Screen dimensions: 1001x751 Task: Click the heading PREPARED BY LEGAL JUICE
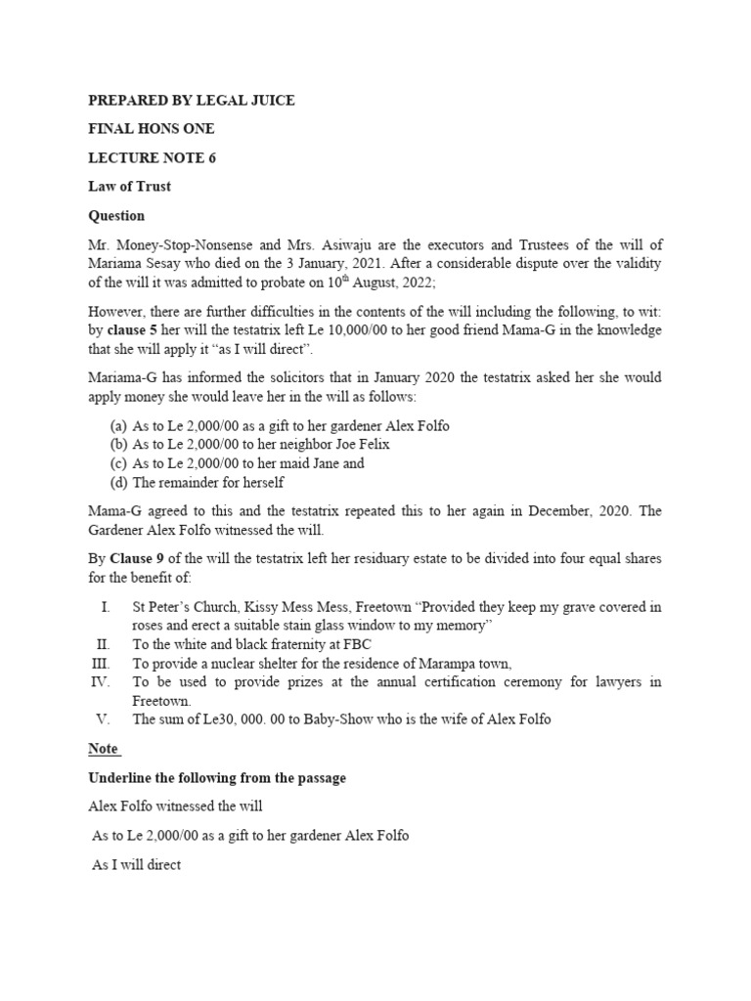(x=192, y=101)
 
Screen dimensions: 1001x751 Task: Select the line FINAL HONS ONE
(x=151, y=129)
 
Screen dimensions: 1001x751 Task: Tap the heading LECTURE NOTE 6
(x=152, y=158)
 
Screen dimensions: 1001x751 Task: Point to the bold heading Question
(x=116, y=215)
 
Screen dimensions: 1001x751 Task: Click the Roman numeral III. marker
(x=103, y=663)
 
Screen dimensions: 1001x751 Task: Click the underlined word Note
(x=104, y=749)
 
